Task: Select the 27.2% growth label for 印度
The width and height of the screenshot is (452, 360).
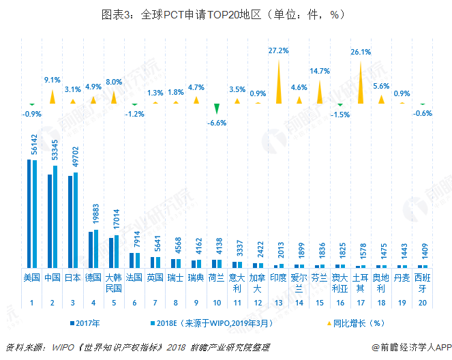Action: pos(278,50)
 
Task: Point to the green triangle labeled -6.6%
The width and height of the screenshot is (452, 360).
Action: pos(216,110)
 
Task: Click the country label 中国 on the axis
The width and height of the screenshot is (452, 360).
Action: pos(52,277)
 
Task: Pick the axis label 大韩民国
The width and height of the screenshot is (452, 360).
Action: pos(114,282)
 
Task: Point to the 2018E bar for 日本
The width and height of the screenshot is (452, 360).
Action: pos(76,220)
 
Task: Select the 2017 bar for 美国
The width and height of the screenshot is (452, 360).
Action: pos(29,213)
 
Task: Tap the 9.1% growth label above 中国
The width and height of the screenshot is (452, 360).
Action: pos(52,80)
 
